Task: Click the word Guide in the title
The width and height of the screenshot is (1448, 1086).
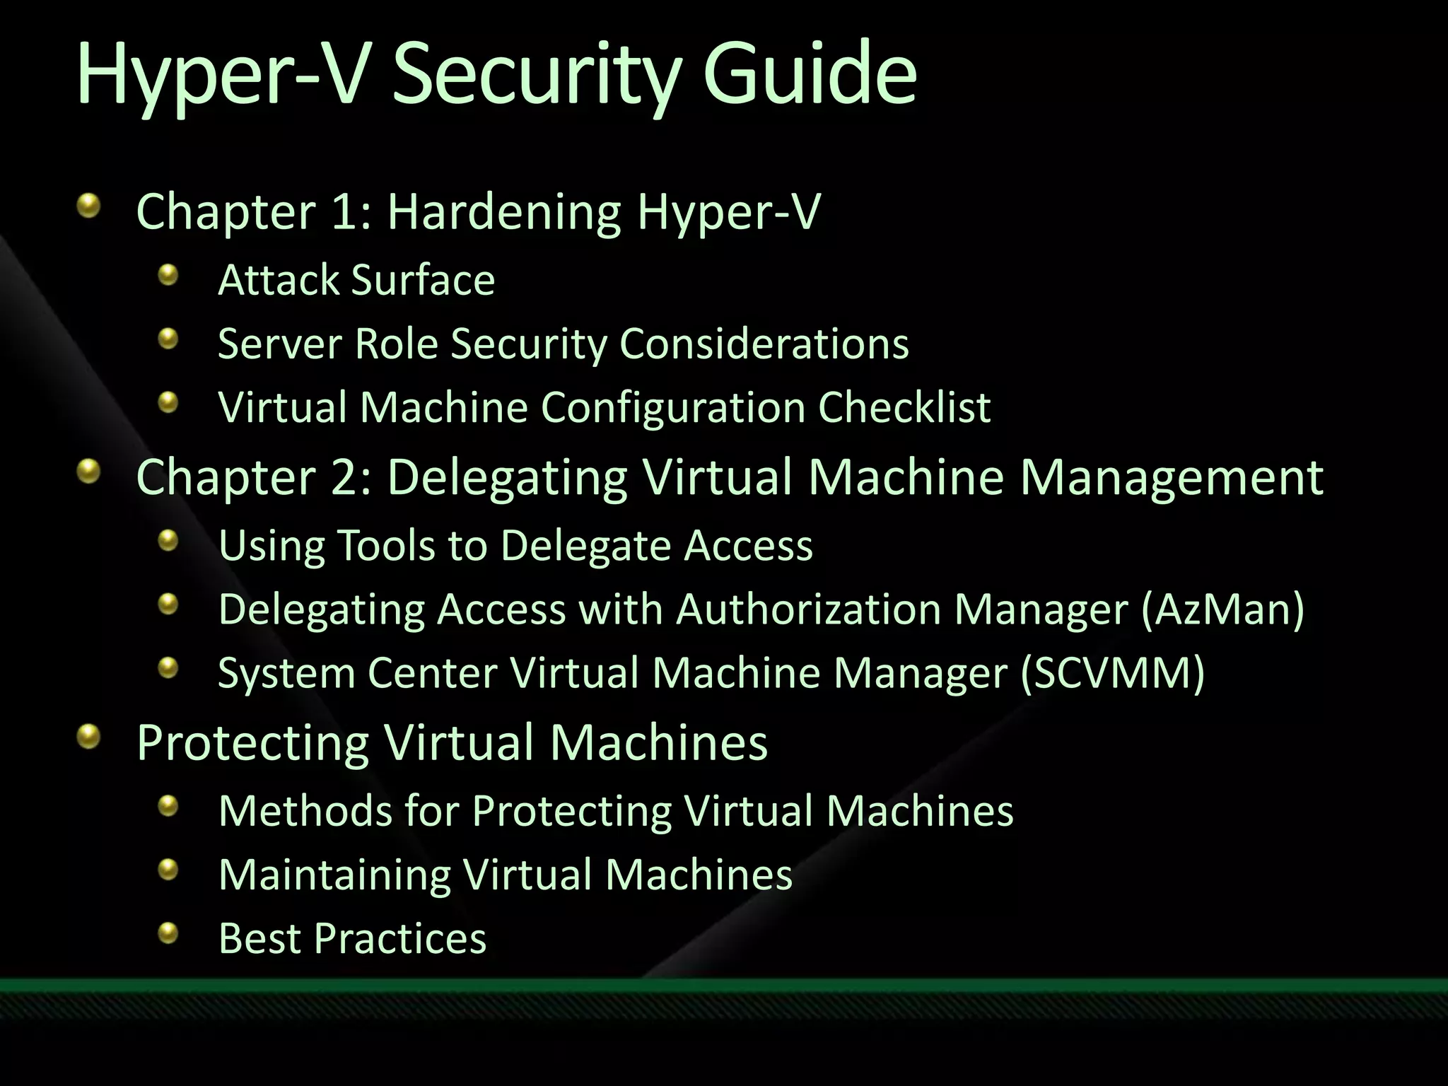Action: click(810, 73)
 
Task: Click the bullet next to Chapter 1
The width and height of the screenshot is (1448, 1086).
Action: click(88, 206)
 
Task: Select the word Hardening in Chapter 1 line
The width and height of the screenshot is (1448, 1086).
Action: click(504, 212)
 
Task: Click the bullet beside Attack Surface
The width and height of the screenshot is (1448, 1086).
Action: click(168, 274)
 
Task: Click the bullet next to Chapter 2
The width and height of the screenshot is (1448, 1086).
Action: click(88, 471)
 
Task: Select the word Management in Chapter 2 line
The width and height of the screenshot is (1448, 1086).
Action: click(1172, 477)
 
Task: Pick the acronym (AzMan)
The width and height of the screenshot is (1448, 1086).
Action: click(1222, 609)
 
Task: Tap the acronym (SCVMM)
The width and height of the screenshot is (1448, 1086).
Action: click(1112, 672)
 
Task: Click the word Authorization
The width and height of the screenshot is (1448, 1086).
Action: click(809, 609)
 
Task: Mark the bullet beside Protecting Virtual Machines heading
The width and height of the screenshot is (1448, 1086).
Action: click(88, 736)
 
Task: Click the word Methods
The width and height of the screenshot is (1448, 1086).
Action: click(305, 810)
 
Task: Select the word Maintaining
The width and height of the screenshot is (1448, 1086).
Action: click(334, 875)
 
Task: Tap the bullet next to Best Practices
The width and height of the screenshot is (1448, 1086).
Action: click(168, 933)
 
